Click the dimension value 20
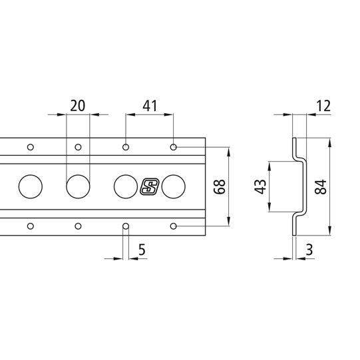(77, 105)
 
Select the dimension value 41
(150, 105)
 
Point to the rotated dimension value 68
(218, 186)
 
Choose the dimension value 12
(324, 105)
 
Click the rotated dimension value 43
(260, 186)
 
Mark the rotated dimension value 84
(321, 186)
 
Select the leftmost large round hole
(30, 186)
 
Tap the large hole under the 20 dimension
(77, 186)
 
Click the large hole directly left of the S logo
(125, 186)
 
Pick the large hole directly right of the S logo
(173, 186)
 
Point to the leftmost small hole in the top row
(30, 146)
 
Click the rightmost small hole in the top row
(174, 146)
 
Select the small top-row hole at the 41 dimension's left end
(126, 146)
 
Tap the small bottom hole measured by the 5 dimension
(125, 226)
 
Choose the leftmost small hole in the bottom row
(30, 226)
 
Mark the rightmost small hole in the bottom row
(174, 226)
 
